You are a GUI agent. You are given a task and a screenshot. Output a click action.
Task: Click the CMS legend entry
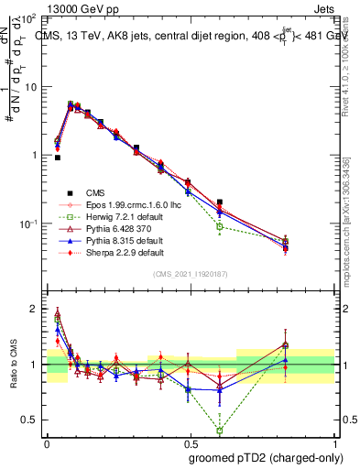[x=94, y=192]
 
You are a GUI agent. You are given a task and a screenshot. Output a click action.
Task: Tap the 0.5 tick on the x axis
[x=191, y=441]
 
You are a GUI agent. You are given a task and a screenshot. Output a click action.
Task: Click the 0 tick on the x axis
[x=47, y=441]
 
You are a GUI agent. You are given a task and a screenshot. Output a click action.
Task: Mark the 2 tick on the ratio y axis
[x=34, y=309]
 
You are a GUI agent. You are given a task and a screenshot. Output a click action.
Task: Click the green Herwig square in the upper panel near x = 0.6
[x=220, y=226]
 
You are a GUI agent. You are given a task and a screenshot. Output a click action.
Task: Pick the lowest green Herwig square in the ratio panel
[x=220, y=430]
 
